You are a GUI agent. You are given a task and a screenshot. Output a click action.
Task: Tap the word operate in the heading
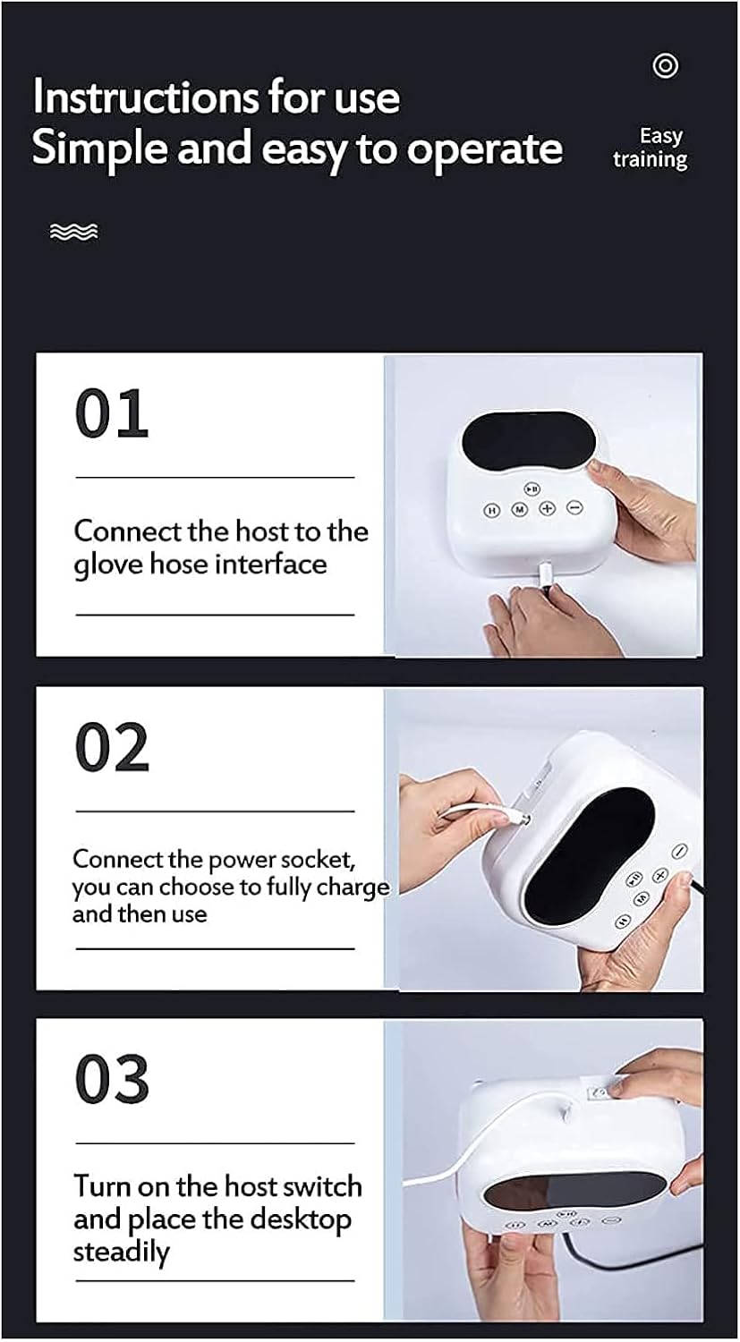point(485,149)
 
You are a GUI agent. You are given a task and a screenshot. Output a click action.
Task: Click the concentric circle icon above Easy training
point(665,65)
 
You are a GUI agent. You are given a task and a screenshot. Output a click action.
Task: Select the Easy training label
point(651,149)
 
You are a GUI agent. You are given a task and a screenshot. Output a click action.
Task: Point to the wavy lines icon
point(73,233)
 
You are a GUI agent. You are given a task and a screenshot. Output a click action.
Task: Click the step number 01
point(111,413)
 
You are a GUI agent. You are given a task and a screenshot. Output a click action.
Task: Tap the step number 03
point(111,1080)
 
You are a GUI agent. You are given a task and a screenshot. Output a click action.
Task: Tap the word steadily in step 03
point(121,1252)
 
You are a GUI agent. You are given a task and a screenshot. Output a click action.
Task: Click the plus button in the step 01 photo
point(547,508)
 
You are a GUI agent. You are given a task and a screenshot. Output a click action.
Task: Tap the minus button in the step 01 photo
point(574,507)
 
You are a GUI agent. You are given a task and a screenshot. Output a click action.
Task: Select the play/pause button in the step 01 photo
point(532,489)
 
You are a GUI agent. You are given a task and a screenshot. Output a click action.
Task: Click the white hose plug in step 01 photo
point(545,573)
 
